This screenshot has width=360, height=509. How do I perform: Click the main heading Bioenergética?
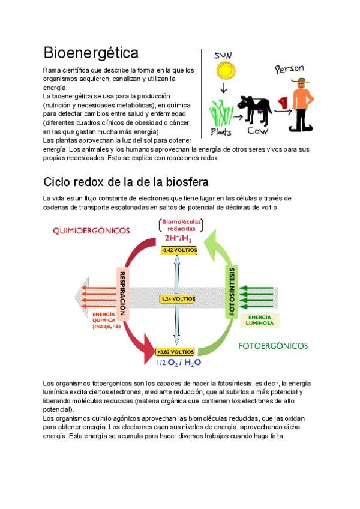click(x=91, y=53)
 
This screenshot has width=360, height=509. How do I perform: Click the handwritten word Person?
click(x=290, y=69)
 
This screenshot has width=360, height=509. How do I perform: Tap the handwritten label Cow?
click(x=258, y=130)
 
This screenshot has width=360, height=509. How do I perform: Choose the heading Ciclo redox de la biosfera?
click(x=126, y=181)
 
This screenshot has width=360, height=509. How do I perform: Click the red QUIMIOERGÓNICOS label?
click(x=91, y=230)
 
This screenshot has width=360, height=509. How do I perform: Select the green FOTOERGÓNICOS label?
click(x=273, y=346)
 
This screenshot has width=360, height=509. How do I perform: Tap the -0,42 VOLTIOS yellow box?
click(x=178, y=250)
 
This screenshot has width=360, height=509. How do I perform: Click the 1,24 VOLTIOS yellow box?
click(x=178, y=298)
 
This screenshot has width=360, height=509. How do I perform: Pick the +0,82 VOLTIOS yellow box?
click(x=175, y=351)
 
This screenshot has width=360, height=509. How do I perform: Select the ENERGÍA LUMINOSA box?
click(x=260, y=320)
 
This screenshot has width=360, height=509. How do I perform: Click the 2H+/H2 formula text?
click(x=178, y=238)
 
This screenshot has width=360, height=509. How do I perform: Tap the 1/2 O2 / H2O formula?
click(x=179, y=363)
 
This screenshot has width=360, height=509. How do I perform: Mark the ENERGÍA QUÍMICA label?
click(x=107, y=320)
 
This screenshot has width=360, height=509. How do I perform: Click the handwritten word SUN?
click(x=223, y=55)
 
